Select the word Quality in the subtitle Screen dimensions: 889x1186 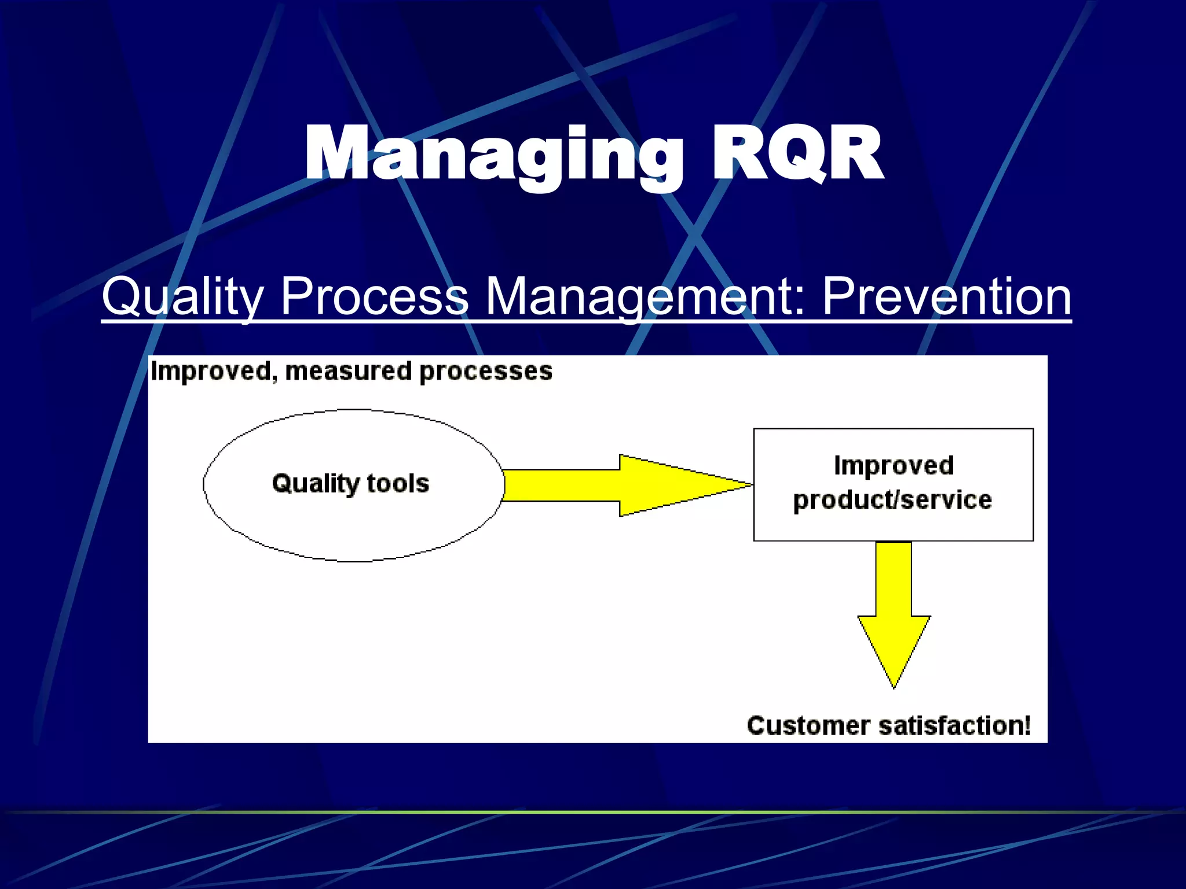click(x=183, y=296)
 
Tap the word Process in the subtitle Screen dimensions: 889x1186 click(x=374, y=296)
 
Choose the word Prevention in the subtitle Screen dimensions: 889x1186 click(x=946, y=296)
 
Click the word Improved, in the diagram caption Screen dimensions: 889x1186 click(x=214, y=372)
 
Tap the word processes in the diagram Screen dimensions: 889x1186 click(x=486, y=372)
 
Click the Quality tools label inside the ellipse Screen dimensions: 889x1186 click(x=351, y=483)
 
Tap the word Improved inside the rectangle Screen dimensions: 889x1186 click(x=894, y=465)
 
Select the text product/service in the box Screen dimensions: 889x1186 click(x=892, y=499)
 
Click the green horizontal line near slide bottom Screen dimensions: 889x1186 click(x=593, y=812)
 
